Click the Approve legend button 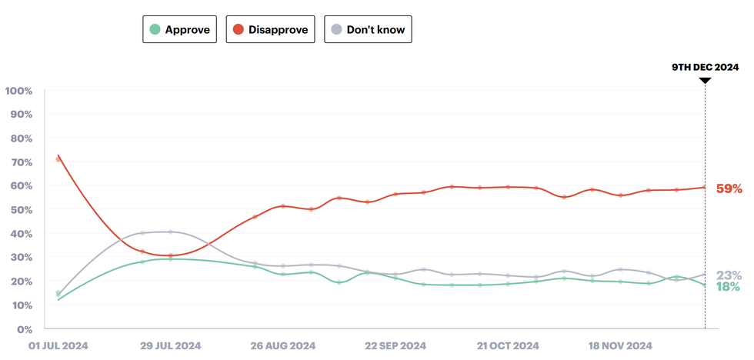tap(181, 29)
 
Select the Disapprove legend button tap(270, 29)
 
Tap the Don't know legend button tap(368, 29)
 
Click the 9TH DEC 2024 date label tap(705, 68)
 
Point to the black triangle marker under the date tap(705, 80)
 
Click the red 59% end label tap(729, 188)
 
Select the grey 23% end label tap(728, 275)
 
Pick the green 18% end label tap(728, 287)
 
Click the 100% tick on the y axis tap(18, 91)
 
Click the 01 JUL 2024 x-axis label tap(58, 346)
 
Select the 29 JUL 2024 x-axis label tap(171, 346)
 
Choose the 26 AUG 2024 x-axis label tap(283, 346)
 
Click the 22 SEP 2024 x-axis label tap(395, 346)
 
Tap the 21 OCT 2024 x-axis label tap(508, 346)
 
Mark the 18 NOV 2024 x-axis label tap(620, 346)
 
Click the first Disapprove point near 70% tap(58, 159)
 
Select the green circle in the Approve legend tap(155, 29)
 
